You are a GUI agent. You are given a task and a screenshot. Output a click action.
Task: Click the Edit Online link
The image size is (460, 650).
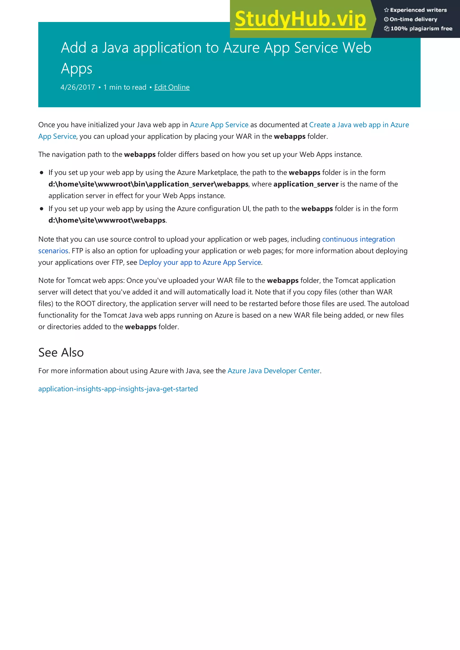pyautogui.click(x=172, y=87)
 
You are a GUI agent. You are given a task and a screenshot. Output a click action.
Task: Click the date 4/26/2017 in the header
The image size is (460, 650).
pyautogui.click(x=78, y=87)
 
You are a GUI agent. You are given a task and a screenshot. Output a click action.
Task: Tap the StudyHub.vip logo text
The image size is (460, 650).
pyautogui.click(x=301, y=19)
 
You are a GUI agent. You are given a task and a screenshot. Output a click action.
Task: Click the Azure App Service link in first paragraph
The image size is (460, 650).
pyautogui.click(x=219, y=125)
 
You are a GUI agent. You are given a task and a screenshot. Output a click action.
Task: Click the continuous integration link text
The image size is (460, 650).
pyautogui.click(x=358, y=239)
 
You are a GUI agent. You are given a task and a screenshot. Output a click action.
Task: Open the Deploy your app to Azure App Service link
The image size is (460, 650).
pyautogui.click(x=200, y=262)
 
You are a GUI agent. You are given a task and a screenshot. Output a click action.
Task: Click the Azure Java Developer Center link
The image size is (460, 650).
pyautogui.click(x=274, y=371)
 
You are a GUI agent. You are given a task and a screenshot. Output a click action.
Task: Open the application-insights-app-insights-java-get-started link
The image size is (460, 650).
pyautogui.click(x=118, y=389)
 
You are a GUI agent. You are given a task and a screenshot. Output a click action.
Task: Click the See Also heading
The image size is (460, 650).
pyautogui.click(x=61, y=352)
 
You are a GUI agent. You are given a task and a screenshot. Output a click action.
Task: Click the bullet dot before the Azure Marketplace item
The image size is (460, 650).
pyautogui.click(x=42, y=173)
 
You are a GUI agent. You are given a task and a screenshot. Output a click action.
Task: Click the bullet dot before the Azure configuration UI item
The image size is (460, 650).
pyautogui.click(x=42, y=209)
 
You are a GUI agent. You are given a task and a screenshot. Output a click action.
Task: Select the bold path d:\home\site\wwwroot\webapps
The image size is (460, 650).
pyautogui.click(x=107, y=220)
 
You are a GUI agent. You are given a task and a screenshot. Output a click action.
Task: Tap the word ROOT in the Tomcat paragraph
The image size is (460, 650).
pyautogui.click(x=86, y=304)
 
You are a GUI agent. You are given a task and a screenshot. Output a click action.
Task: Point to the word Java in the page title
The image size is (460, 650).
pyautogui.click(x=115, y=48)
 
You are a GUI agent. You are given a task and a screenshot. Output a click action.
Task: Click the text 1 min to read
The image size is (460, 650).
pyautogui.click(x=125, y=87)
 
